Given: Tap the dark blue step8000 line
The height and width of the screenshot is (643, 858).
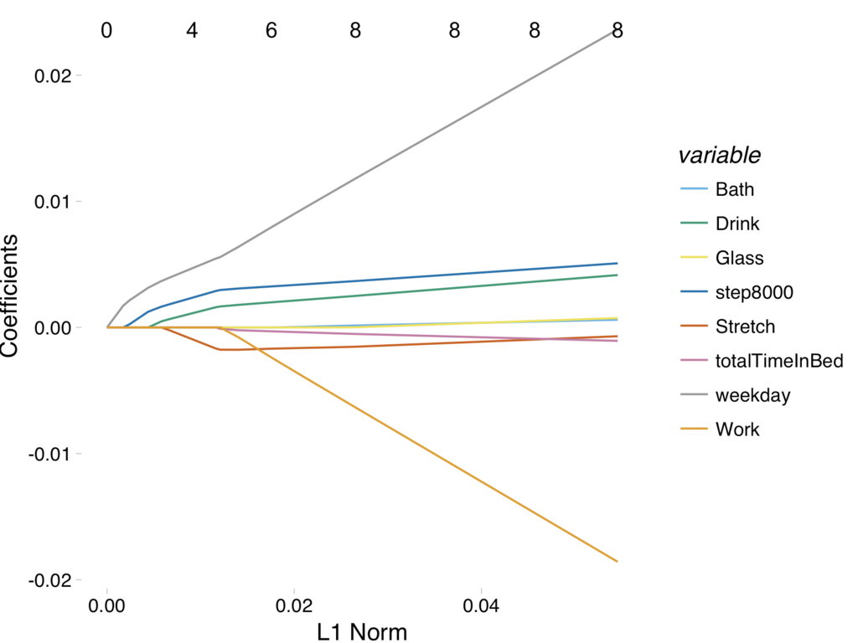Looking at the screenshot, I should point(419,275).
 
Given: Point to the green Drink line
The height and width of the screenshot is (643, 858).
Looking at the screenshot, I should point(419,289).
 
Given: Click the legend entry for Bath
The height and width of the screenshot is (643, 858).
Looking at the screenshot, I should point(734,189).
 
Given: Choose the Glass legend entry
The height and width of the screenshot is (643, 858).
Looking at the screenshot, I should point(739,258).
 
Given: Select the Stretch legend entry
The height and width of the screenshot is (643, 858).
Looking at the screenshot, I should point(745,327).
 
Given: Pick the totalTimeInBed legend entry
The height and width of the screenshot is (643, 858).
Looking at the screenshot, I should point(778,361).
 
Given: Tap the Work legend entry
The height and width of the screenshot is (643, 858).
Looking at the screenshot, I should point(737,430).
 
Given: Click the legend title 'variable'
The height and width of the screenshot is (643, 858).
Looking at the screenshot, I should point(719,155).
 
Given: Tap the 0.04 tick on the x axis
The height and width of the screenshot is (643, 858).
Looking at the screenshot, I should point(481,604).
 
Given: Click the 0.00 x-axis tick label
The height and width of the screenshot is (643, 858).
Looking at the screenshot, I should point(107,604).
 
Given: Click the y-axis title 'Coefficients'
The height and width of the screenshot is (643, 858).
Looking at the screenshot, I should point(11,296).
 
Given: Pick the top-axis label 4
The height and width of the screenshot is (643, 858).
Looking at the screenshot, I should point(192,31).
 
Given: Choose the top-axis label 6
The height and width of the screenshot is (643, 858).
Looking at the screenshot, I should point(271,31).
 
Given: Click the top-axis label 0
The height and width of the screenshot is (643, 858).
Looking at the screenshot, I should point(106,31).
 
